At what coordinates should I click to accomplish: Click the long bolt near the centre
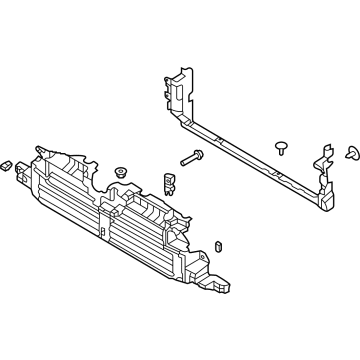[193, 157]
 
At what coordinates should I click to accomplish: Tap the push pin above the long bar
[281, 147]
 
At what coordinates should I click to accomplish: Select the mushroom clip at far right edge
[351, 152]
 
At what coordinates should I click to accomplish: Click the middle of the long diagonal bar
[250, 151]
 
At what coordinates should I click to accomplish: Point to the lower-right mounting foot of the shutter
[222, 279]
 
